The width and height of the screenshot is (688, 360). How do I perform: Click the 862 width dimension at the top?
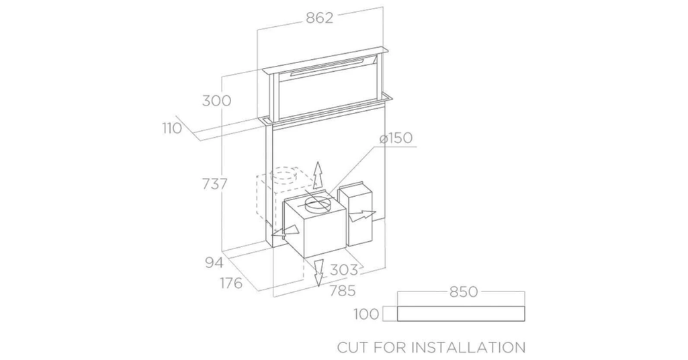pos(319,18)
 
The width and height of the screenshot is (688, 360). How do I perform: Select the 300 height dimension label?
pos(216,101)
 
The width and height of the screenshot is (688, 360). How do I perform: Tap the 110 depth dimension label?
pos(171,128)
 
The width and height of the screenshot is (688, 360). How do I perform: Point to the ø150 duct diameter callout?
pos(396,138)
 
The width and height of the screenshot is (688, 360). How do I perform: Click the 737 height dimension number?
pos(214,184)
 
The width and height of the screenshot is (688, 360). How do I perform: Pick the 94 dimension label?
pos(214,263)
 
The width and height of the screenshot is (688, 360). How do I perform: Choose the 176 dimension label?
pos(231,283)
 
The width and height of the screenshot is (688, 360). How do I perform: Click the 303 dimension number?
pos(343,270)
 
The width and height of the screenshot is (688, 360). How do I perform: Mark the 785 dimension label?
pos(342,291)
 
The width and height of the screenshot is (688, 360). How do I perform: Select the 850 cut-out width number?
pos(464,291)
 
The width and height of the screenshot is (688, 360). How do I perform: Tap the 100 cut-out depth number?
pos(366,314)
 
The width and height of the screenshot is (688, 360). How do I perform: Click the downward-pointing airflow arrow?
pos(318,273)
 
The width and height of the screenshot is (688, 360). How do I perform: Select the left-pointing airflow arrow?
pos(285,232)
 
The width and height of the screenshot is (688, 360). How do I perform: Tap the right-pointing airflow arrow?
pos(362,216)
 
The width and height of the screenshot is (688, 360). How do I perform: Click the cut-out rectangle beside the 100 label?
pos(461,314)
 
